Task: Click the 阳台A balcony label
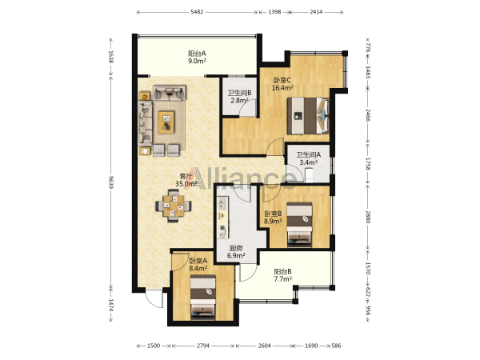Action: [197, 58]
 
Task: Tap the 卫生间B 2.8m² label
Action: [239, 97]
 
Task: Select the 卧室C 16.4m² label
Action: [282, 84]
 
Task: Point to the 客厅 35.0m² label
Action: [186, 180]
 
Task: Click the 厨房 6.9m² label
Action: [236, 252]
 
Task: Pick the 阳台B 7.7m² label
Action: [282, 275]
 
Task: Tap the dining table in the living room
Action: [174, 206]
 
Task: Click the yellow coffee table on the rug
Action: [166, 122]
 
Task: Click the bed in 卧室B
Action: [299, 225]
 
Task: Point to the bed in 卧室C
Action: [308, 116]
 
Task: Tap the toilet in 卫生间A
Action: [309, 175]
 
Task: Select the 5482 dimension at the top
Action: [197, 12]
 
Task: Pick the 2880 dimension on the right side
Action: [368, 217]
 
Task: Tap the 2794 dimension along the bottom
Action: [203, 346]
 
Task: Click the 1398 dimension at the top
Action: [274, 12]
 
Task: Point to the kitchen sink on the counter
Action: [222, 203]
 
